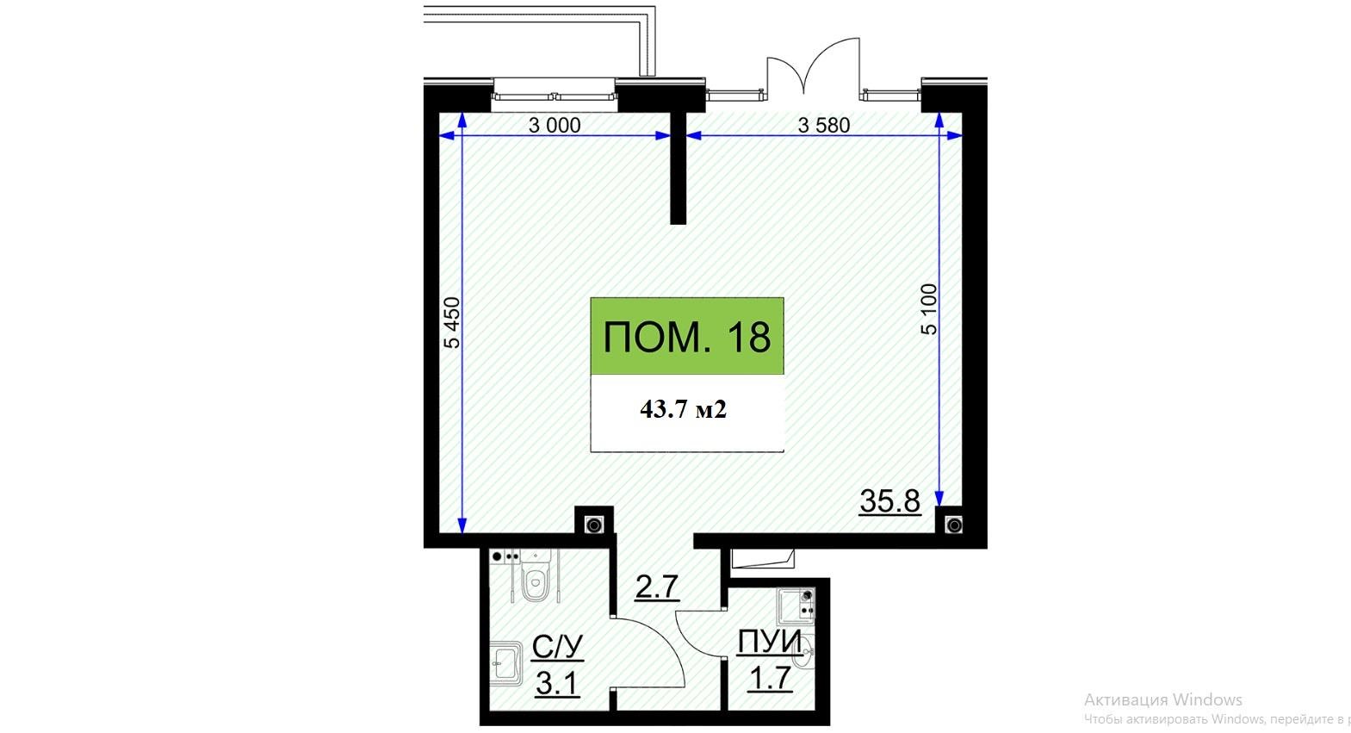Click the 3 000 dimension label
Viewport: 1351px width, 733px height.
(555, 125)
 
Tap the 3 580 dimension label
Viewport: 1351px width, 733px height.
(824, 125)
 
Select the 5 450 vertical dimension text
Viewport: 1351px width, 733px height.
(452, 323)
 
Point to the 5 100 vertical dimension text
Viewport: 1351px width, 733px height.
(929, 309)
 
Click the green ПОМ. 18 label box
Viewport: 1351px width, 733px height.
(687, 336)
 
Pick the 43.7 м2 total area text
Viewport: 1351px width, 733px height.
(684, 410)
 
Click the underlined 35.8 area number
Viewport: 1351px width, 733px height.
(890, 500)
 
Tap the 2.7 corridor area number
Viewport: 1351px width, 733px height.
(657, 587)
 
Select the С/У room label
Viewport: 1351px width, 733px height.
(558, 648)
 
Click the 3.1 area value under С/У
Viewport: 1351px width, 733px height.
(557, 684)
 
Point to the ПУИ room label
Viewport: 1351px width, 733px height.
(770, 642)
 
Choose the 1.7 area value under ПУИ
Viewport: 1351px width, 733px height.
(770, 678)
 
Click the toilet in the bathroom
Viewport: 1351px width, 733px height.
(535, 578)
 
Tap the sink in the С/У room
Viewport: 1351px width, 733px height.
(505, 663)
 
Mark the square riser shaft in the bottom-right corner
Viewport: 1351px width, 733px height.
(954, 525)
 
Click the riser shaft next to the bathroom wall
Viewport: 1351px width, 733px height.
(594, 525)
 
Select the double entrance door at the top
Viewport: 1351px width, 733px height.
(814, 67)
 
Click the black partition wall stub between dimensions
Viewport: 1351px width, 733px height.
(679, 168)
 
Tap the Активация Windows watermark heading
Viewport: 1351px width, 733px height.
(1162, 699)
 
